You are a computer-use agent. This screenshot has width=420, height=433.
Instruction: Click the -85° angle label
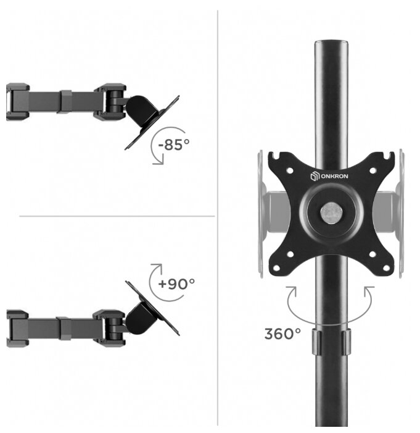pos(174,145)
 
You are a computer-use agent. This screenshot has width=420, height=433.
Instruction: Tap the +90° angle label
pos(176,284)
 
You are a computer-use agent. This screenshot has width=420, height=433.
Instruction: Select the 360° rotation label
pos(282,334)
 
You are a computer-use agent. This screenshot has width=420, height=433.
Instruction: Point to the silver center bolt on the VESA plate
pos(331,212)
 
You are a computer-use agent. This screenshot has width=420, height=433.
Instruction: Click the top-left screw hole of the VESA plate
pos(290,170)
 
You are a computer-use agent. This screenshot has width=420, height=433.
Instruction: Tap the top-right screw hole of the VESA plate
pos(373,170)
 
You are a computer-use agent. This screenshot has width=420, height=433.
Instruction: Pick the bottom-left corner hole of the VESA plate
pos(276,267)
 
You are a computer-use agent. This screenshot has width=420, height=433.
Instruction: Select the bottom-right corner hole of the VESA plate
pos(386,267)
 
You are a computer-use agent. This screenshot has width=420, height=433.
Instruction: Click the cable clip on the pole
pos(331,342)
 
